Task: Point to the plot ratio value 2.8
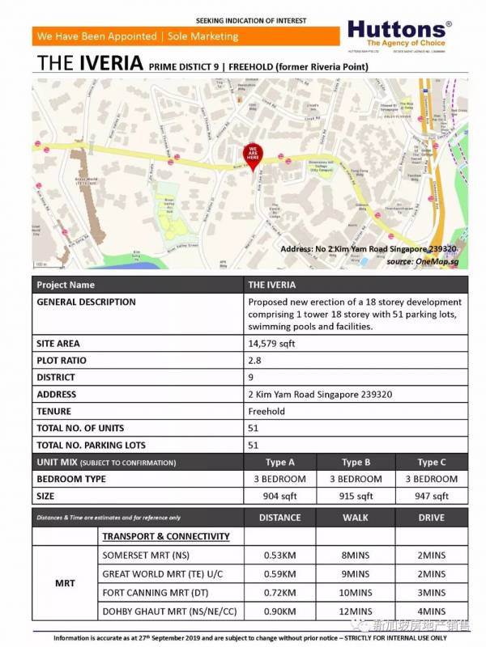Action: point(254,360)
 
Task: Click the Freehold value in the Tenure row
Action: point(266,411)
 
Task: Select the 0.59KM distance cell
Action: point(279,574)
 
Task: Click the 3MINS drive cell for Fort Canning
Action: point(433,593)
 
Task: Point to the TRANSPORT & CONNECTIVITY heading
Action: point(166,536)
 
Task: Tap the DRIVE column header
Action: point(433,518)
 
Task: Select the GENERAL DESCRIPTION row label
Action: point(87,302)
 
